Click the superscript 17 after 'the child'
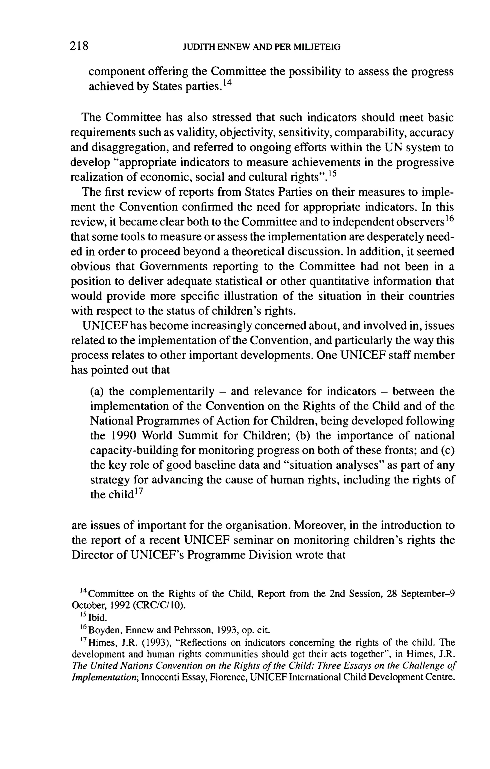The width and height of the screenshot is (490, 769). pos(139,492)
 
